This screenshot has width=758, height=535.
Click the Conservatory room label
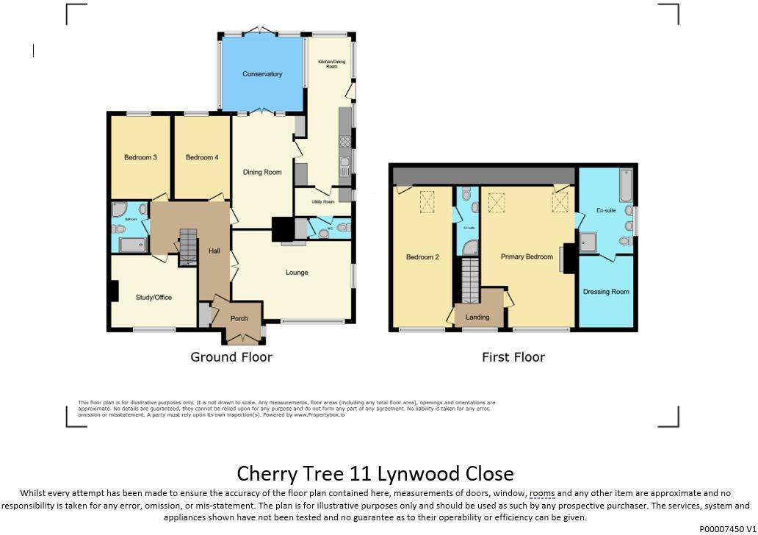[x=262, y=74]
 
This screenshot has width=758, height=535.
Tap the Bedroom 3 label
[x=140, y=158]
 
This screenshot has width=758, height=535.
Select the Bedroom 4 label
[x=202, y=158]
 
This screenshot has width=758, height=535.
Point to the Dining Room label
[x=263, y=173]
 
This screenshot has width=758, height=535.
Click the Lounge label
[x=297, y=273]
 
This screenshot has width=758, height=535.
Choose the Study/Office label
[x=154, y=298]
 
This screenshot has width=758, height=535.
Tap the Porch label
[x=239, y=319]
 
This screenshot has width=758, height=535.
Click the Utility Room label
[x=323, y=202]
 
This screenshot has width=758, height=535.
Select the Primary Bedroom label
[x=527, y=257]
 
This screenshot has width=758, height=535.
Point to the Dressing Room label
[x=606, y=292]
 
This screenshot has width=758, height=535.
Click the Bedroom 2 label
[x=422, y=257]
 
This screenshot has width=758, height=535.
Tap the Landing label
[x=477, y=317]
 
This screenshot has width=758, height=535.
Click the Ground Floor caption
[x=231, y=357]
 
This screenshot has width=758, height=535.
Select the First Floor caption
[x=513, y=357]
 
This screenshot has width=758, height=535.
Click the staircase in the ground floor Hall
[x=189, y=246]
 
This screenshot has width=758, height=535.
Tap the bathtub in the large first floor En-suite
[x=626, y=185]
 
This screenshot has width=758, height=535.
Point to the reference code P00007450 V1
[x=727, y=528]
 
